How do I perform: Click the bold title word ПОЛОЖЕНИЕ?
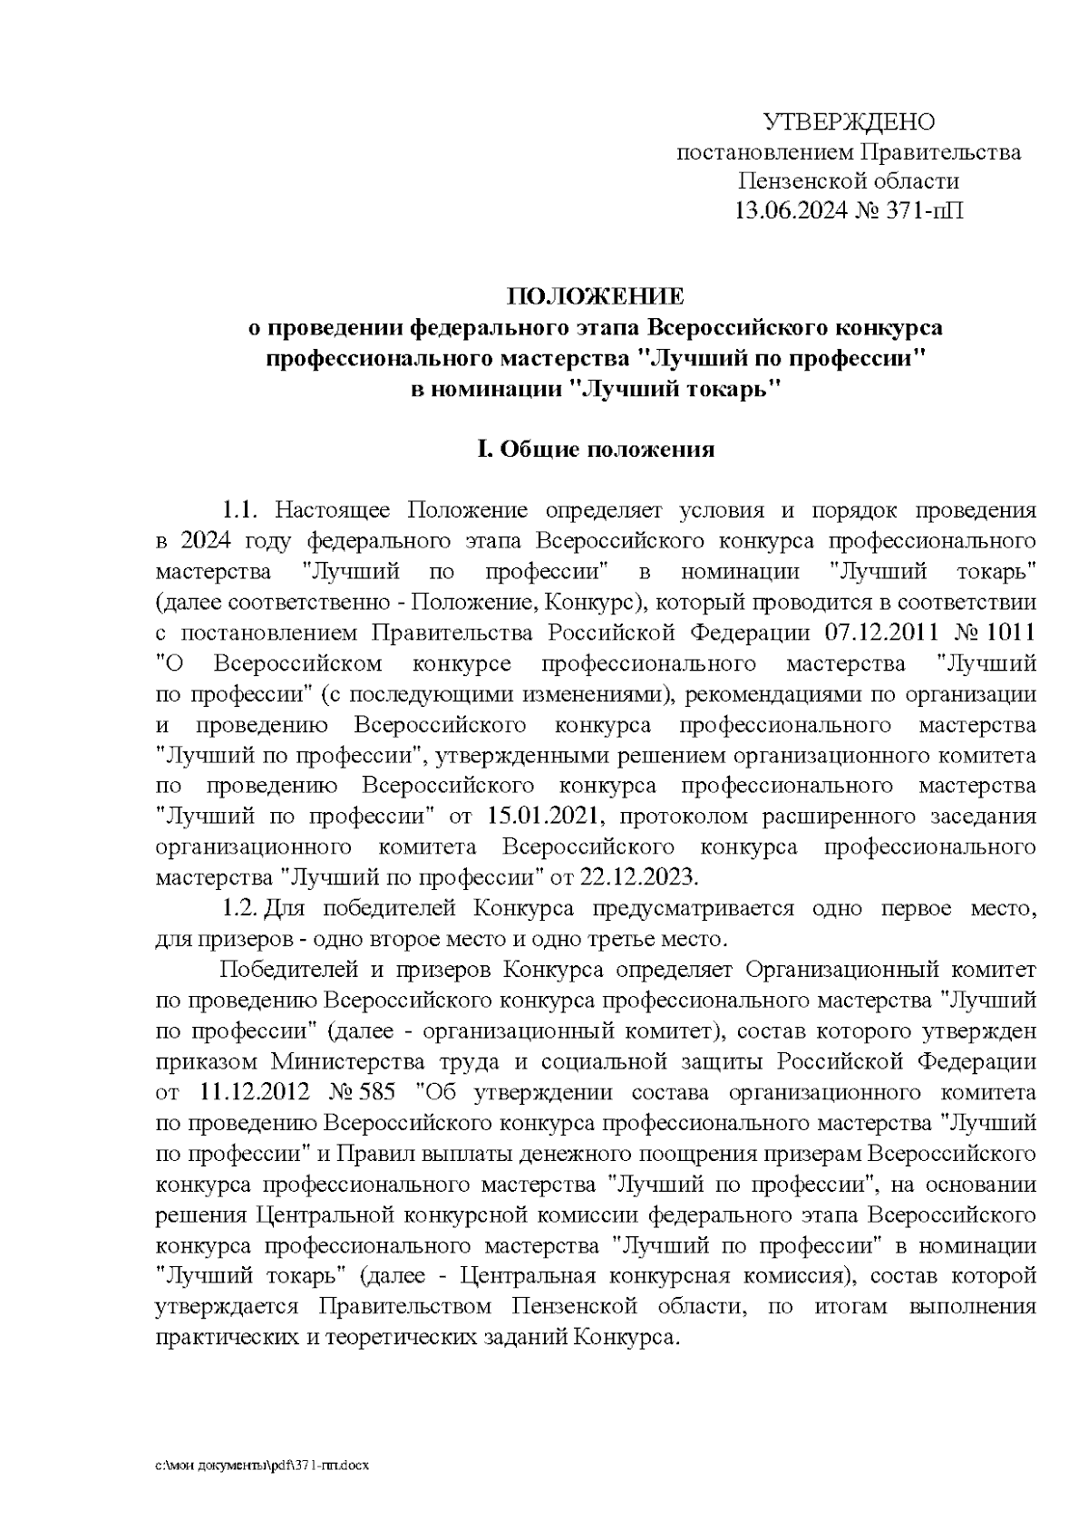click(596, 296)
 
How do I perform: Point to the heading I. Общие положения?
click(596, 450)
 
